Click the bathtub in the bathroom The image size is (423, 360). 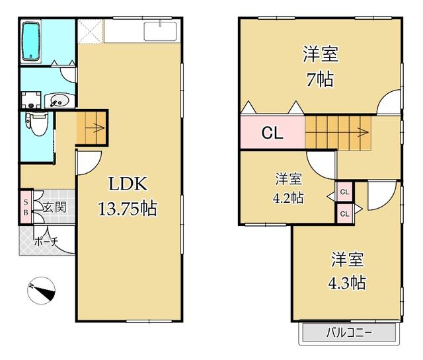(31, 41)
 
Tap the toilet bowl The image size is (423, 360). (37, 124)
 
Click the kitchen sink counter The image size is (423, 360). (142, 30)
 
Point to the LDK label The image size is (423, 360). (128, 184)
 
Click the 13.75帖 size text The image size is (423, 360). (128, 209)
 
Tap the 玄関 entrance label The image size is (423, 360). (55, 207)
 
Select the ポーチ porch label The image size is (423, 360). (46, 242)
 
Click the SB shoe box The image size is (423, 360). (26, 207)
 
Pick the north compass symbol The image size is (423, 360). (41, 291)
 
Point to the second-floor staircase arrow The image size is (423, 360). (337, 132)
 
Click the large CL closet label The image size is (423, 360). (272, 133)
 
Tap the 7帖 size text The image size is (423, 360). (320, 79)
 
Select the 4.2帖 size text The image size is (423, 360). (288, 198)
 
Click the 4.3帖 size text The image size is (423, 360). (347, 283)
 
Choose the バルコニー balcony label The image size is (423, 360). (349, 332)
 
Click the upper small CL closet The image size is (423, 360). (344, 192)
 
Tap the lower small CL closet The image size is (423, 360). (344, 214)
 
